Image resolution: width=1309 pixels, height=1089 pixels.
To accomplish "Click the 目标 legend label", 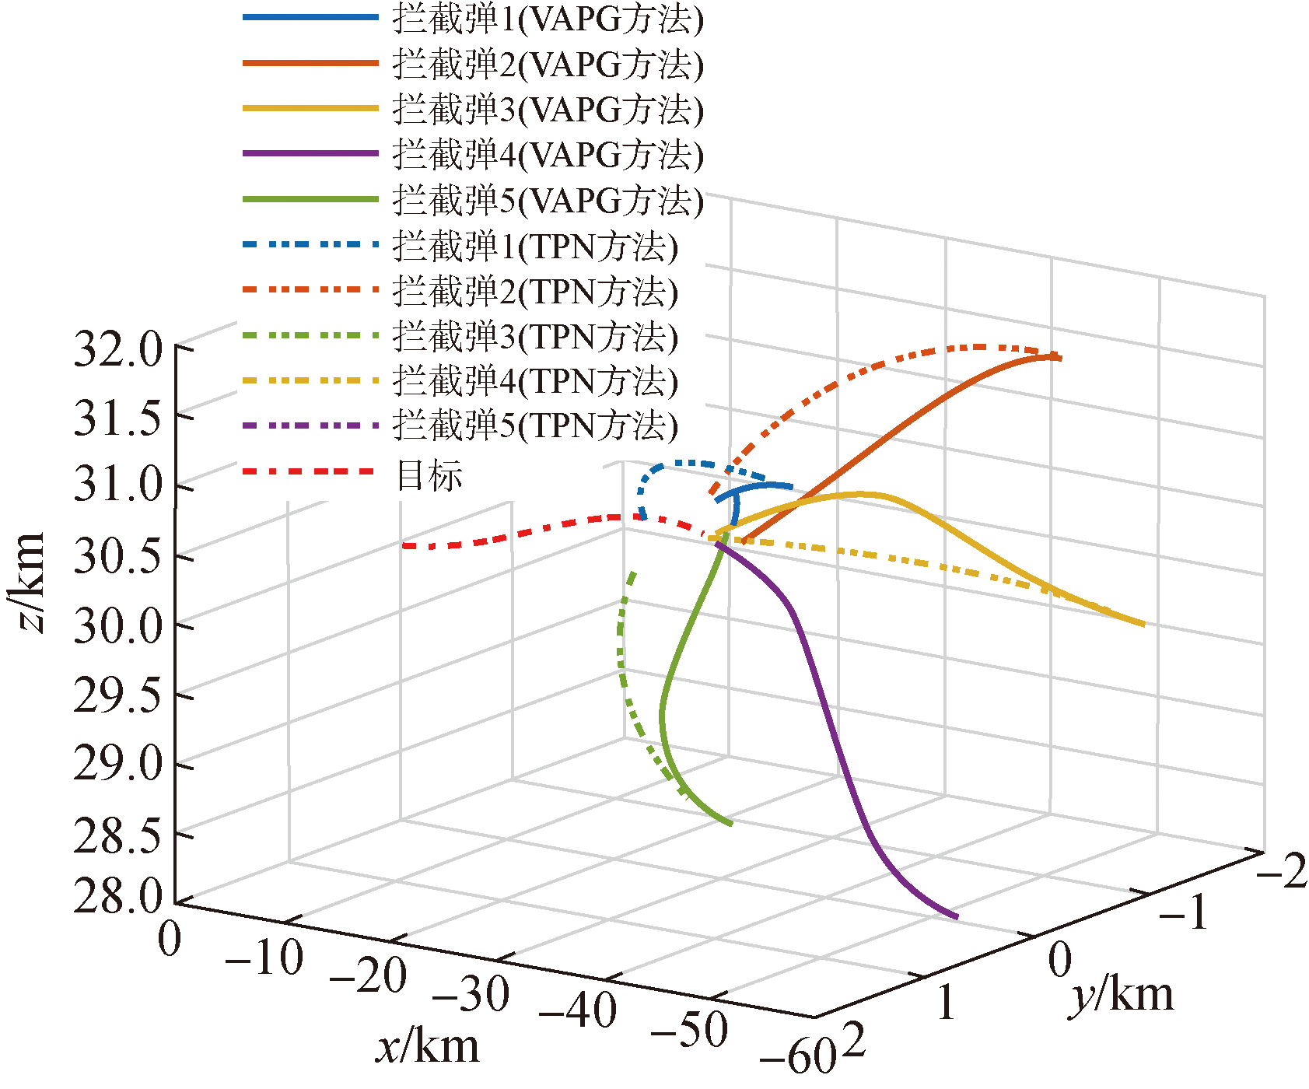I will coord(429,474).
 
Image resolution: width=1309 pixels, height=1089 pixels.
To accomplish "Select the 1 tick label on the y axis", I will coord(945,1002).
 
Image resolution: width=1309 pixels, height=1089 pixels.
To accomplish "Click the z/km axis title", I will coord(30,583).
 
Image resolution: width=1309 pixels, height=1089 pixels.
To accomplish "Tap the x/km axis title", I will coord(428,1046).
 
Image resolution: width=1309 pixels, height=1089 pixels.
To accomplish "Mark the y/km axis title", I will coord(1122,995).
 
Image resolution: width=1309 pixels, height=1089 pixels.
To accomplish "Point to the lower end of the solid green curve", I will coord(730,824).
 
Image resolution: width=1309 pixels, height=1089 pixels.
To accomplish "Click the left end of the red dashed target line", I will coord(404,546).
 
